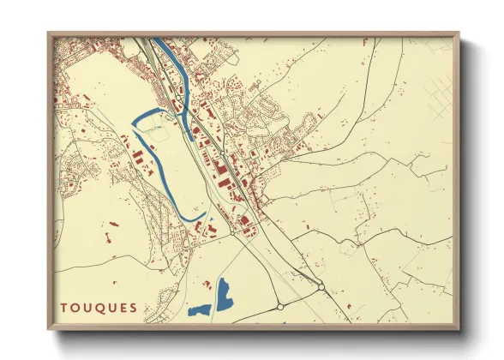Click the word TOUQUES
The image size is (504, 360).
(99, 308)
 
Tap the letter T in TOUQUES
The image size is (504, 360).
(64, 308)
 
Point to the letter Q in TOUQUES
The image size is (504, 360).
(99, 308)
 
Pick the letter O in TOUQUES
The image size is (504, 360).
(75, 308)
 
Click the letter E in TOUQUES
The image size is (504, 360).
(122, 308)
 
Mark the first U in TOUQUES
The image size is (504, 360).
(87, 308)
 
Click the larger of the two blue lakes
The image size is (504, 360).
(225, 293)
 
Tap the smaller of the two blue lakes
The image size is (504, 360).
(199, 309)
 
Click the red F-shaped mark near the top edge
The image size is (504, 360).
(366, 41)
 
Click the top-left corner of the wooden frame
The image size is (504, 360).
(49, 33)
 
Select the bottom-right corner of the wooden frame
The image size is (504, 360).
(458, 328)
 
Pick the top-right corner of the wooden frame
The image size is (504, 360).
(458, 33)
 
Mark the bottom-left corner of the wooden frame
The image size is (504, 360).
(49, 328)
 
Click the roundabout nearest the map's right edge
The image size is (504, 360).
(321, 287)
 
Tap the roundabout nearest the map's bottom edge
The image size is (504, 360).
(280, 306)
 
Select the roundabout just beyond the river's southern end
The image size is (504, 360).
(232, 231)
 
